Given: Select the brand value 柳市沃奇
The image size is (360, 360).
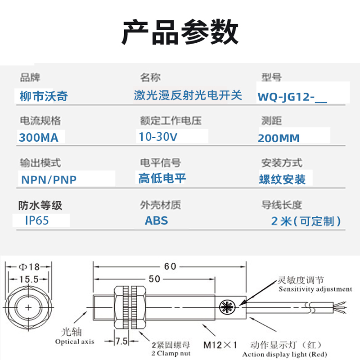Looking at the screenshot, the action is tap(44, 95).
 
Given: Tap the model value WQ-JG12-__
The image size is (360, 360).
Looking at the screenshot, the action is tap(292, 97).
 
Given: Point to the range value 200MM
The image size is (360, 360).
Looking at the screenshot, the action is tap(279, 138).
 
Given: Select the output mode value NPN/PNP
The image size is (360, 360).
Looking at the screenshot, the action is tap(49, 180).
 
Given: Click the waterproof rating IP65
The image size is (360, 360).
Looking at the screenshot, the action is tap(37, 220).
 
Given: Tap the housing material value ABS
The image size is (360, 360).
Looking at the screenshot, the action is tap(156, 220).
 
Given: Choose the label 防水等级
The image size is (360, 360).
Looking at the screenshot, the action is tap(40, 206).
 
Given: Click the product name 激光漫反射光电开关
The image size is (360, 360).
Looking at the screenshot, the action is tap(188, 95).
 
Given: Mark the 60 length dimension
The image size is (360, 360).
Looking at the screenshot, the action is tap(170, 266).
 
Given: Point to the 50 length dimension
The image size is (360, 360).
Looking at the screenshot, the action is tap(154, 279).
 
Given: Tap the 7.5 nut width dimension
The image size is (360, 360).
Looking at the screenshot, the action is tap(120, 341).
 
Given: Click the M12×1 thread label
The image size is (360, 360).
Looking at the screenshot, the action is tap(220, 345).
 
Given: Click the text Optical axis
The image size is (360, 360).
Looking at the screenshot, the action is tap(75, 342).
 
